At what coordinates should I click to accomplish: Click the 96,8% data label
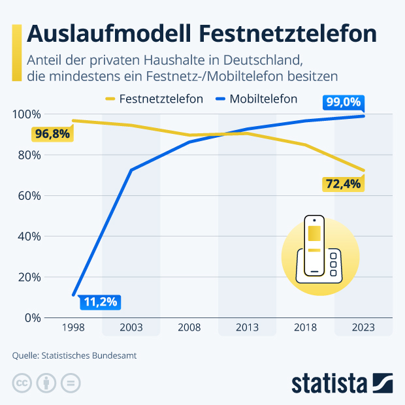(52, 135)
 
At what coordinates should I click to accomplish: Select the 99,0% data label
(343, 102)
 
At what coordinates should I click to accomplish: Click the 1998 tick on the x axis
(73, 327)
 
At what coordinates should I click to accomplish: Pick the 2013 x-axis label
(248, 327)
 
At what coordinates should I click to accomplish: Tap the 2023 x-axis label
(364, 327)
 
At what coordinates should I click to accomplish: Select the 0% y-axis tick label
(31, 317)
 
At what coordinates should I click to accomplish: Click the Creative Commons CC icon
(22, 383)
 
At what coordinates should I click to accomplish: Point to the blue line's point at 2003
(131, 170)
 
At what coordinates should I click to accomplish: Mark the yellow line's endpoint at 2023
(364, 170)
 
